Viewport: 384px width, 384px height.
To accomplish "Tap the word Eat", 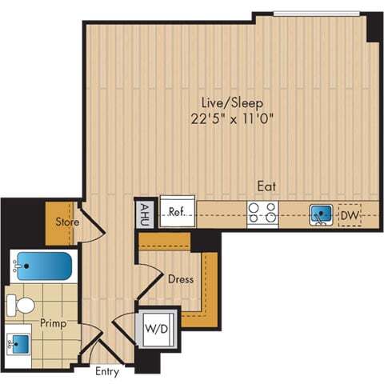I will click(266, 186).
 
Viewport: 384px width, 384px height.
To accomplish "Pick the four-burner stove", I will click(262, 213).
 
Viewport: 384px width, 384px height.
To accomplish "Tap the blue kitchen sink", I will click(322, 214).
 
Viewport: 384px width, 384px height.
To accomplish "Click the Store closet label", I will click(65, 221).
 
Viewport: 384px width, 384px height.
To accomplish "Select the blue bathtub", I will click(44, 265).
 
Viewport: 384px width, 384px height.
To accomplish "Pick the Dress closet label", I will click(179, 279).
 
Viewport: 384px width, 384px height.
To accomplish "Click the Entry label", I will click(107, 372).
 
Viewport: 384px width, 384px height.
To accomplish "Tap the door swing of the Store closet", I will click(93, 226).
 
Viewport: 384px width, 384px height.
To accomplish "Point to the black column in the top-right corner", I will click(374, 28).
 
